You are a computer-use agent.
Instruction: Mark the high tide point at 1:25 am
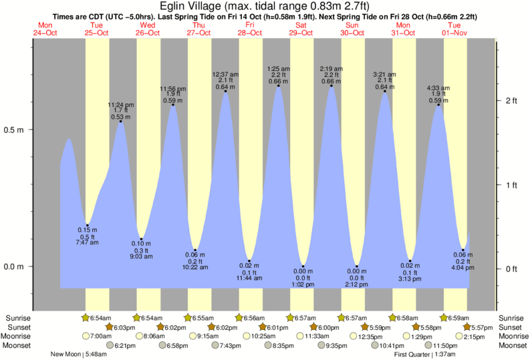(278, 86)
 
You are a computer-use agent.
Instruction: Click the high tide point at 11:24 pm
(121, 121)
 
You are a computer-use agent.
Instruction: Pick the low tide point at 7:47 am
(87, 226)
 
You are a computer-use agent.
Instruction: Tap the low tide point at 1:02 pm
(303, 266)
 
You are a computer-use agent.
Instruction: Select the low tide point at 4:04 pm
(462, 250)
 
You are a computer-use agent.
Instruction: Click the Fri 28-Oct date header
(250, 29)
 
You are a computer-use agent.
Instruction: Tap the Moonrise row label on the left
(21, 336)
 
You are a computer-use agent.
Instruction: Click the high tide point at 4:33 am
(439, 105)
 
